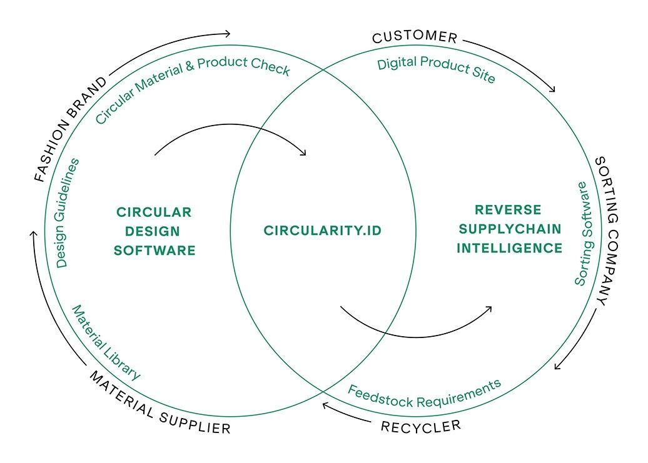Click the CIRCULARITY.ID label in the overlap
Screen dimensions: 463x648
(322, 231)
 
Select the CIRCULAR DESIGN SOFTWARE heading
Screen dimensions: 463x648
(156, 231)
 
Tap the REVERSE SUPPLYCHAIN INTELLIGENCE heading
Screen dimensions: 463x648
(509, 229)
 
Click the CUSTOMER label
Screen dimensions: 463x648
(415, 37)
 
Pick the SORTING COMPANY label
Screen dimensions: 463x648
(607, 230)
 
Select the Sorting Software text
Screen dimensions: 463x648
(581, 234)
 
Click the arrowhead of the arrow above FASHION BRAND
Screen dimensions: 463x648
(228, 33)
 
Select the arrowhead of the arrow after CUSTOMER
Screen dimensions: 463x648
(552, 90)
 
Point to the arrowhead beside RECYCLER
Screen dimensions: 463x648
(326, 406)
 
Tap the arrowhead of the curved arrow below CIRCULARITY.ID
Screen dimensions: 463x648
(489, 307)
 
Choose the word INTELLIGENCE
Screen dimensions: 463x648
(509, 248)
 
